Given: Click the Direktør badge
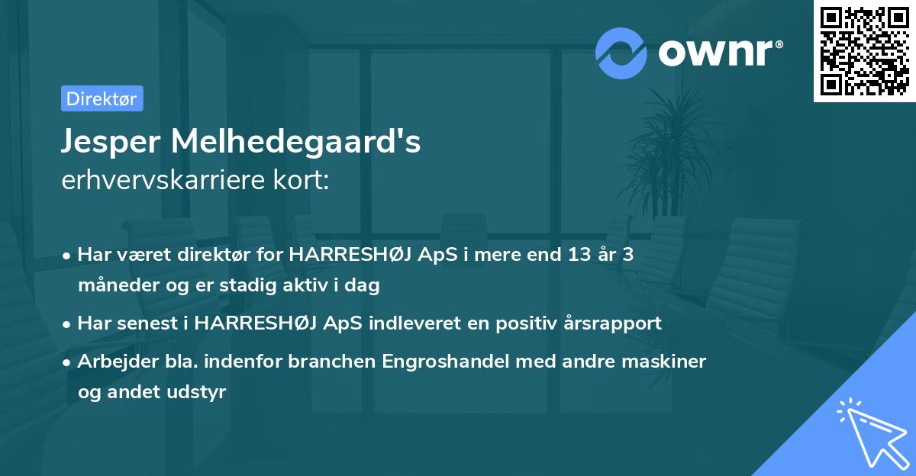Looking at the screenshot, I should (x=102, y=98).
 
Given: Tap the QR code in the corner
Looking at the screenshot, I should (x=864, y=51).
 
